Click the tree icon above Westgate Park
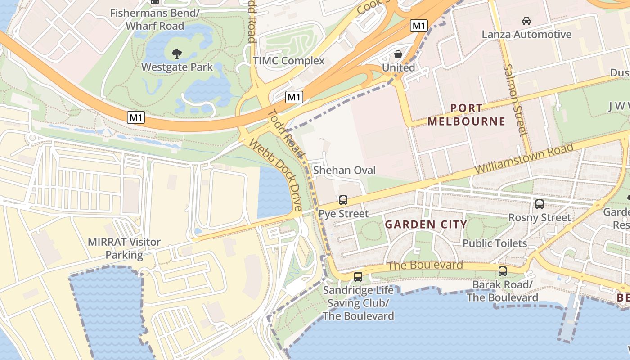(x=177, y=54)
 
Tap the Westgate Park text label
(x=177, y=67)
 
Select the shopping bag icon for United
(x=398, y=55)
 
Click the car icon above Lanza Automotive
(x=526, y=21)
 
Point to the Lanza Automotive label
(x=526, y=35)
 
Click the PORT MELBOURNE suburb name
(x=466, y=115)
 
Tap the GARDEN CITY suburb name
(x=426, y=225)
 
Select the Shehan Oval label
(x=344, y=171)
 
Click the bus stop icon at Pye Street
(x=343, y=200)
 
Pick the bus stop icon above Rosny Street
(x=539, y=204)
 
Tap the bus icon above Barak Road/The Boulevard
(x=502, y=271)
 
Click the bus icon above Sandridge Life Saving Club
(x=358, y=277)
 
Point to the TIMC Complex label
(x=288, y=61)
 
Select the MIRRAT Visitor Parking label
(x=124, y=248)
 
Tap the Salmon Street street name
(x=515, y=100)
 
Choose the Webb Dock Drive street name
(x=275, y=175)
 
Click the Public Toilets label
(x=495, y=243)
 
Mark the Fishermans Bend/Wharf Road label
(x=155, y=19)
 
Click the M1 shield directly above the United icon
(x=418, y=26)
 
